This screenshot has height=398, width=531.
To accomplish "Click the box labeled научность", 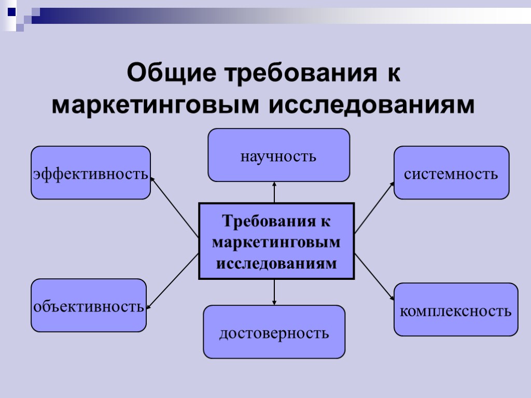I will pyautogui.click(x=278, y=155).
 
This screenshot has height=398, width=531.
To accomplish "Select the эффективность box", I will pyautogui.click(x=91, y=173).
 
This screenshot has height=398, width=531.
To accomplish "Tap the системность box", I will pyautogui.click(x=451, y=173).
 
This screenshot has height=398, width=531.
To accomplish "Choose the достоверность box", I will pyautogui.click(x=274, y=332).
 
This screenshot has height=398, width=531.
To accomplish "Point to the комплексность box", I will pyautogui.click(x=456, y=309).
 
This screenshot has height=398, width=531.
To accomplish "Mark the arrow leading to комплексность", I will pyautogui.click(x=374, y=278).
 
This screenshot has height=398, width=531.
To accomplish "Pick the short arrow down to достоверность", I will pyautogui.click(x=274, y=292).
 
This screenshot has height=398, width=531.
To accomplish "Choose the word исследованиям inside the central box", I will pyautogui.click(x=276, y=263).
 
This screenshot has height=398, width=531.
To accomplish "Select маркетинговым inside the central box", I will pyautogui.click(x=276, y=242).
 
